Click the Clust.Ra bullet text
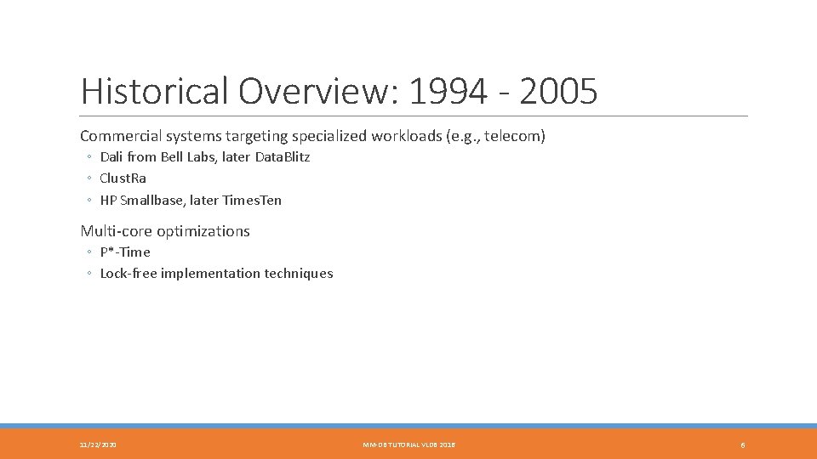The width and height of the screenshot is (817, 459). coord(123,178)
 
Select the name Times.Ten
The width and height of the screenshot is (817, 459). coord(252,201)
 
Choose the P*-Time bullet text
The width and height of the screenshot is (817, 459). coord(125,252)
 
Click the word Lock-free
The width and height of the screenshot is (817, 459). coord(127,274)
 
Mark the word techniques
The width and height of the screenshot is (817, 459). coord(299,274)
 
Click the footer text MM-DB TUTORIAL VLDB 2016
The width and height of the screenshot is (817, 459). coord(408,445)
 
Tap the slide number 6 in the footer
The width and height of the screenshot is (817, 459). coord(743,445)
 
